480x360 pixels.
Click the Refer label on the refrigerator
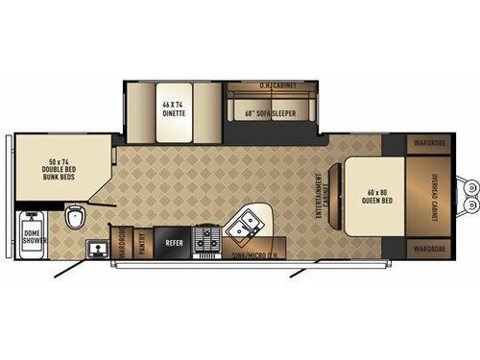174,243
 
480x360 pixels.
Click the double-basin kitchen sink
244,227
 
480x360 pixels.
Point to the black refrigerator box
174,237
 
